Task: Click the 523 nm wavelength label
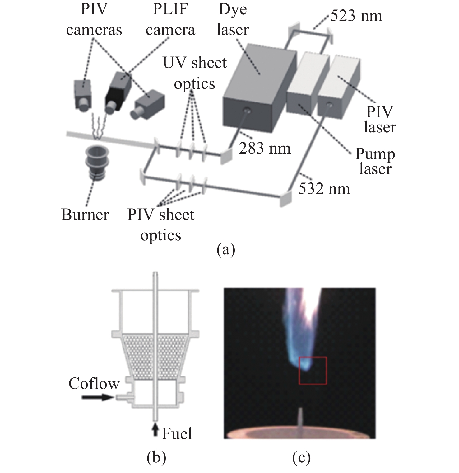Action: tap(356, 16)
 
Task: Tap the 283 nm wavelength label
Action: tap(265, 148)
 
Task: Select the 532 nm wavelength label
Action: tap(324, 189)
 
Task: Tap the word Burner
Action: tap(85, 215)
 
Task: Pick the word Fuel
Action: tap(177, 433)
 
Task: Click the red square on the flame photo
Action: tap(313, 371)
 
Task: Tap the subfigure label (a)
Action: tap(226, 250)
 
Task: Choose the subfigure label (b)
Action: tap(156, 458)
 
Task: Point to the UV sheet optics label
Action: tap(195, 73)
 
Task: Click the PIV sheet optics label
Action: tap(161, 225)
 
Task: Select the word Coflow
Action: tap(94, 384)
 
